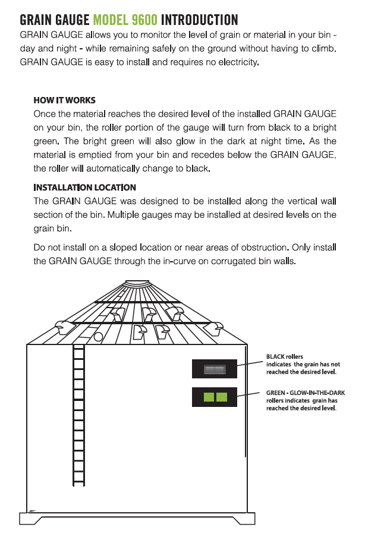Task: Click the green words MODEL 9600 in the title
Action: point(125,20)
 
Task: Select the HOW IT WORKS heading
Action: point(64,100)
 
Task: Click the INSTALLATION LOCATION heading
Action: point(84,187)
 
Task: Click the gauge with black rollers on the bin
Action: point(214,369)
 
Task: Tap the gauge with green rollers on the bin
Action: point(214,397)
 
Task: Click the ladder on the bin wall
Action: point(78,416)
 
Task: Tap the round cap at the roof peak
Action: point(141,284)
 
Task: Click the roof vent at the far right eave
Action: point(218,326)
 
